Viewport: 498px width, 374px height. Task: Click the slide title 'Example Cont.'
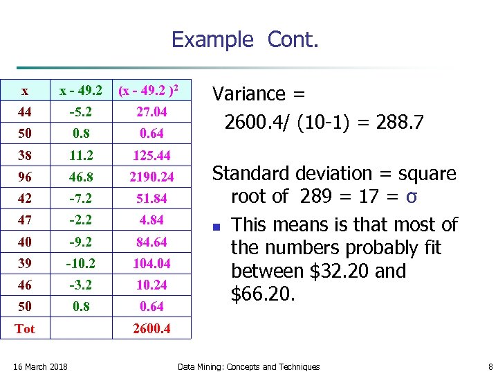tap(245, 39)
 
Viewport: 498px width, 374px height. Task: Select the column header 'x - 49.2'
tap(81, 91)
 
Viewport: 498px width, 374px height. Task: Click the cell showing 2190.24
tap(151, 177)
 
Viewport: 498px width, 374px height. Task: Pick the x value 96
tap(25, 177)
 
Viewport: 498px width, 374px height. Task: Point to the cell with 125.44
tap(151, 155)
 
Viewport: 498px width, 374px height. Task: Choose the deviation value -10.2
tap(81, 263)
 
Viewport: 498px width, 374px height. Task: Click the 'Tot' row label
tap(25, 328)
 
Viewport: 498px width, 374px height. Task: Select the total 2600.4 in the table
tap(151, 328)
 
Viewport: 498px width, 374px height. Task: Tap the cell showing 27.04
tap(151, 112)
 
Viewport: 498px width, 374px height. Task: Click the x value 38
tap(25, 155)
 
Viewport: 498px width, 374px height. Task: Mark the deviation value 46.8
tap(81, 177)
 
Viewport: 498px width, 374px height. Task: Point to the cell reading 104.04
tap(151, 263)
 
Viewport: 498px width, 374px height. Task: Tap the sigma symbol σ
tap(411, 197)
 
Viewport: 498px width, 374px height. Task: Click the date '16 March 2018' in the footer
tap(41, 366)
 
